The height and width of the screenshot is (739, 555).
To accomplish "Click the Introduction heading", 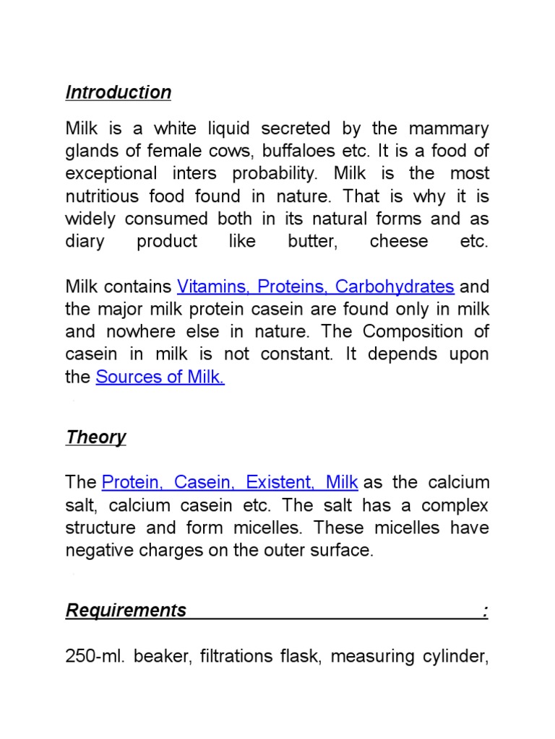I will (x=119, y=92).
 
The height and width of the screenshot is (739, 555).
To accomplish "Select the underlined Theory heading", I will (x=95, y=437).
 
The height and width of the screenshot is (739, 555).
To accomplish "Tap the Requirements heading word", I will (x=126, y=611).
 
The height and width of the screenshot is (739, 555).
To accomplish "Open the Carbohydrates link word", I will (x=395, y=287).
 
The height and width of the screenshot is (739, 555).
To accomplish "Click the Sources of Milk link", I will (x=160, y=377).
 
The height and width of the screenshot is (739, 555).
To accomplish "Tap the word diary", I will (x=85, y=241).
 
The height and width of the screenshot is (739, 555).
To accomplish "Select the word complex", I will (x=457, y=504).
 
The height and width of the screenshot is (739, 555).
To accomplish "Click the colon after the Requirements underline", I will (x=486, y=611).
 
